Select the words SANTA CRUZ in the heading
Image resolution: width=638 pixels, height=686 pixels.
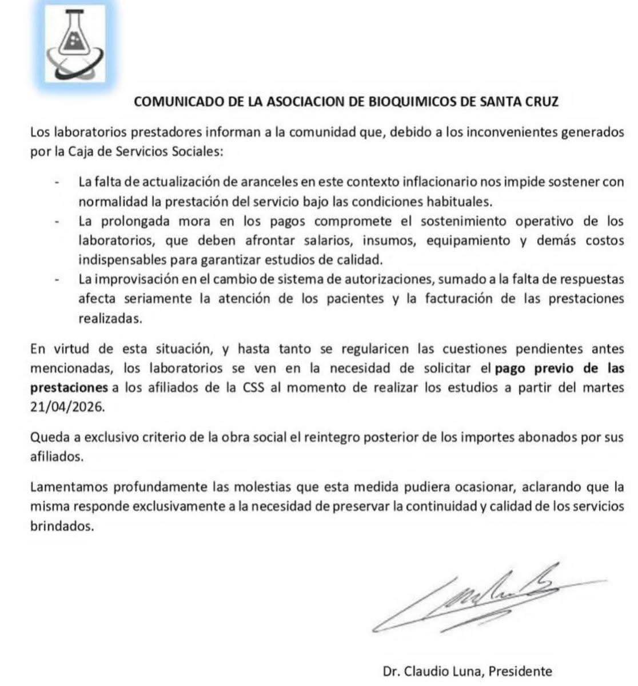click(x=519, y=102)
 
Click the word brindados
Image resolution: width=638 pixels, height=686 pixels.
click(x=61, y=526)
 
